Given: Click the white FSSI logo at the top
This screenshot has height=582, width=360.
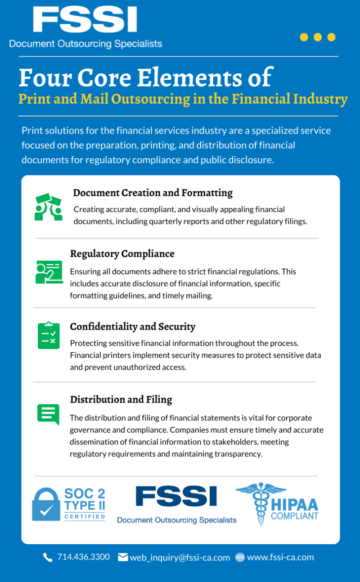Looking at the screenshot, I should pos(85,20).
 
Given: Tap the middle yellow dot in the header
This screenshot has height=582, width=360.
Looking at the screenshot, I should pos(318,37).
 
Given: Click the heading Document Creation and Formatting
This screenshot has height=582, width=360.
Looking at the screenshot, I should pos(153,193).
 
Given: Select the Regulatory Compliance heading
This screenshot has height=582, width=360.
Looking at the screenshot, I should pos(122,254).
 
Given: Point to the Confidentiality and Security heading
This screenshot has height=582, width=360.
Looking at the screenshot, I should pos(132,327).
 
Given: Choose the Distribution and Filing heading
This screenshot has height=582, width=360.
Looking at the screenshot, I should pos(121,399).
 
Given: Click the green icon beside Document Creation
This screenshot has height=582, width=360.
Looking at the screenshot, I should pos(48,206).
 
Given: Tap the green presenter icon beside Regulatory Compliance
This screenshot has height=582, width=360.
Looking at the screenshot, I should pos(48,272).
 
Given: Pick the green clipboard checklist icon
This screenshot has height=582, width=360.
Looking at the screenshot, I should pos(48,336).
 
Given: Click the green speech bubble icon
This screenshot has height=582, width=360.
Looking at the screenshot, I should pos(48,414).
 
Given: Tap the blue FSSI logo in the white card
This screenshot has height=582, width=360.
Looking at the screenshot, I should pos(176,496).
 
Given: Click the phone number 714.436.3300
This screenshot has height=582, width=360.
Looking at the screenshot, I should pos(83,557).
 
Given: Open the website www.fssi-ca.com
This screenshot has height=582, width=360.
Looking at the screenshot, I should pos(280,557).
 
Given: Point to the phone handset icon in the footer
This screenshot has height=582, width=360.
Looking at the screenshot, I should pos(48,557).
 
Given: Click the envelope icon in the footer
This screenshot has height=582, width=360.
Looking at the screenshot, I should pos(123,557).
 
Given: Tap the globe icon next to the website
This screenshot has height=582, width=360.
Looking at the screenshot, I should pos(240,557).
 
